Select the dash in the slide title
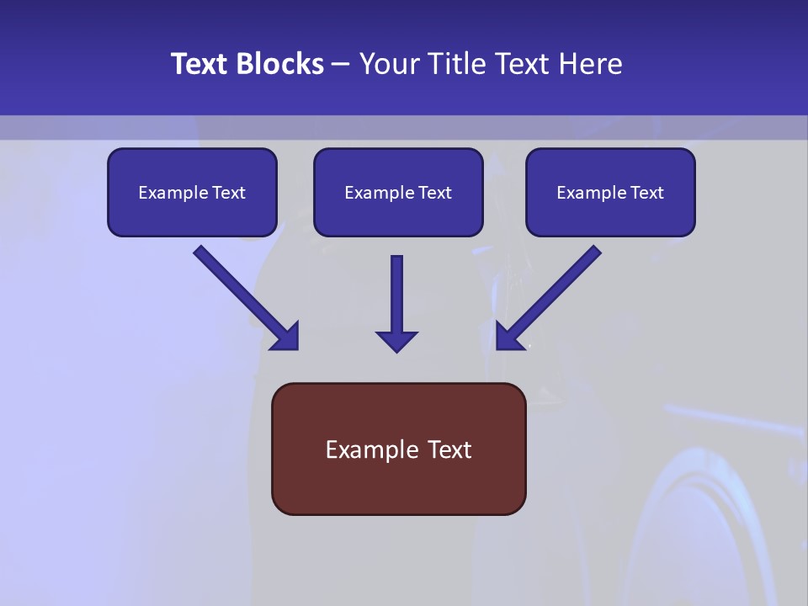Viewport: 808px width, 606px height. point(341,65)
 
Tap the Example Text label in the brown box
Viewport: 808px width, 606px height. point(398,449)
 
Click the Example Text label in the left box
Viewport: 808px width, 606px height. point(192,193)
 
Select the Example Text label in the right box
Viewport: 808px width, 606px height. point(610,193)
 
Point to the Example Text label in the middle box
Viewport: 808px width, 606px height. point(398,193)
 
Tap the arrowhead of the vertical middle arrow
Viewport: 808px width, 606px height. point(396,341)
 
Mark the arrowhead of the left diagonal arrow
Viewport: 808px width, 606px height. point(286,338)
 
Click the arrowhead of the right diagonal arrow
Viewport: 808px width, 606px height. point(508,338)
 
